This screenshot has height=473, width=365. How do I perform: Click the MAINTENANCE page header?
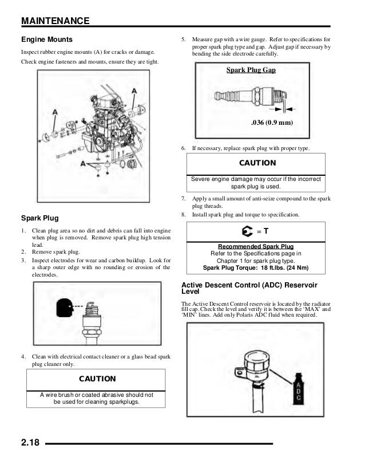[x=55, y=21]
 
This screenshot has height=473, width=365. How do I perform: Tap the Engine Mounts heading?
[x=46, y=40]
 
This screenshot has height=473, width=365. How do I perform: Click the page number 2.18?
[x=33, y=442]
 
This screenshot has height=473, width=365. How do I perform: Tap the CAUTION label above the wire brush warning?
[x=97, y=379]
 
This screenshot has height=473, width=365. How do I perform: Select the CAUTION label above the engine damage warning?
[x=257, y=163]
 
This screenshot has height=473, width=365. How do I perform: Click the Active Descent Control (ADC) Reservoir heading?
[x=249, y=287]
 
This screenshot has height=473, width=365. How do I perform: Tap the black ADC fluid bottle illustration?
[x=297, y=388]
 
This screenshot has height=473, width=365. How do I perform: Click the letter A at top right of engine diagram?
[x=134, y=91]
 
